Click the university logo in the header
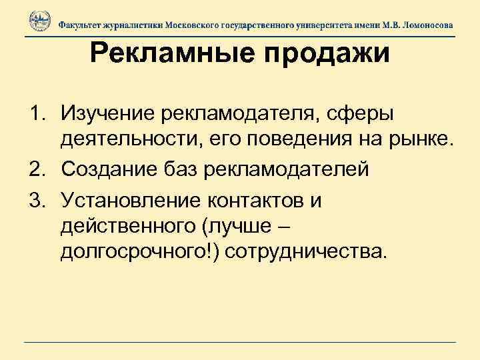click(x=39, y=22)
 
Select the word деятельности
click(x=134, y=141)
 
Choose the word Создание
click(x=111, y=170)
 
